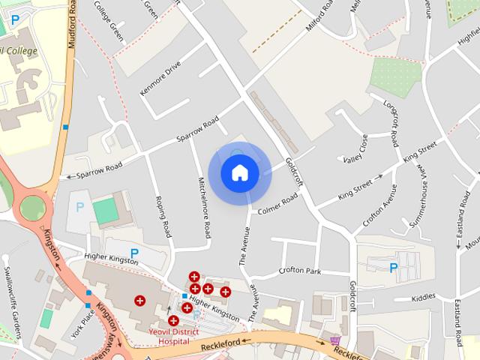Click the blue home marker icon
(x=239, y=172)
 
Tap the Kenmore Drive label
(x=160, y=79)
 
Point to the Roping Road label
(x=162, y=216)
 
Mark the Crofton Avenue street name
(x=379, y=204)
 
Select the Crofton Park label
(x=299, y=271)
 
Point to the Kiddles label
(x=423, y=297)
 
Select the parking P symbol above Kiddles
(x=393, y=267)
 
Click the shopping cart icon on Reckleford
(x=334, y=341)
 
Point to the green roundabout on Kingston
(x=33, y=207)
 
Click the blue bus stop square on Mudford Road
(x=66, y=127)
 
